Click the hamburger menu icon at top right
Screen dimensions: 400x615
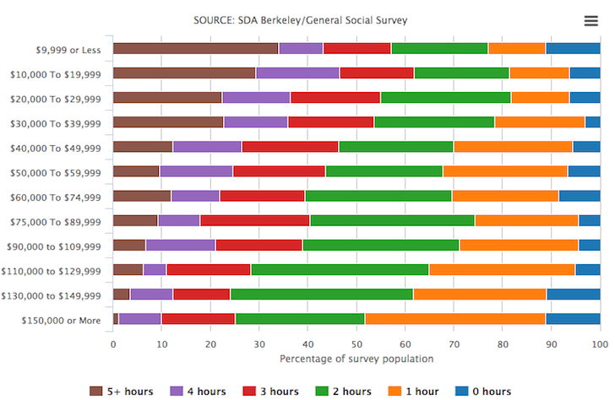(x=591, y=21)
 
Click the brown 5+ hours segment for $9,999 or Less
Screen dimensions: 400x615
(x=196, y=48)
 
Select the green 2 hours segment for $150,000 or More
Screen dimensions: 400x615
(x=300, y=319)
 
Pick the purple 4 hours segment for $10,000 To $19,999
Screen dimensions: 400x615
(x=297, y=73)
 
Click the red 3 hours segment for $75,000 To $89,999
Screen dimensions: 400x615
(x=255, y=221)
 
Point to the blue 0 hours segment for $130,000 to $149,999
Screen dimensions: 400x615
(x=574, y=295)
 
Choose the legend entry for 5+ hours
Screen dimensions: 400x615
(x=123, y=392)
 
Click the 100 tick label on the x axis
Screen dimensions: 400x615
(x=599, y=344)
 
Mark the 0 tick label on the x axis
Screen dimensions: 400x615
(x=113, y=344)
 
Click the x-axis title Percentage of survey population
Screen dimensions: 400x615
(x=356, y=359)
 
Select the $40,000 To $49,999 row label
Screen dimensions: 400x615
(x=67, y=148)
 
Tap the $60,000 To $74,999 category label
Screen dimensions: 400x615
(x=67, y=197)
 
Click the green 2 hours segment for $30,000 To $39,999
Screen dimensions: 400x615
(x=434, y=122)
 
